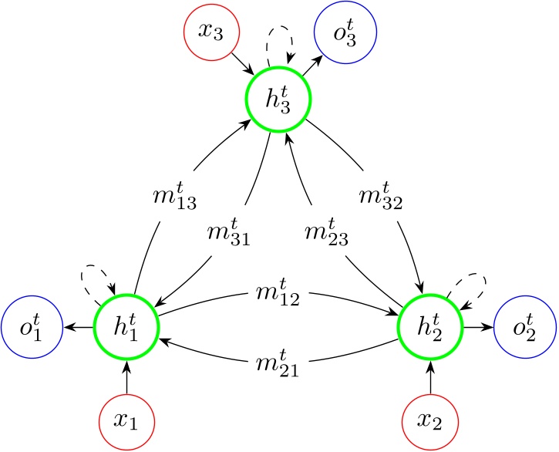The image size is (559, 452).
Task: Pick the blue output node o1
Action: [31, 328]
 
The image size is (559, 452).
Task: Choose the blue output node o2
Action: [525, 328]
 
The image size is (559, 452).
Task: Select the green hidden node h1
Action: [126, 328]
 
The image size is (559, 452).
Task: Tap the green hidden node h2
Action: [431, 328]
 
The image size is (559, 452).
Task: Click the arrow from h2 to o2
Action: [478, 328]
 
